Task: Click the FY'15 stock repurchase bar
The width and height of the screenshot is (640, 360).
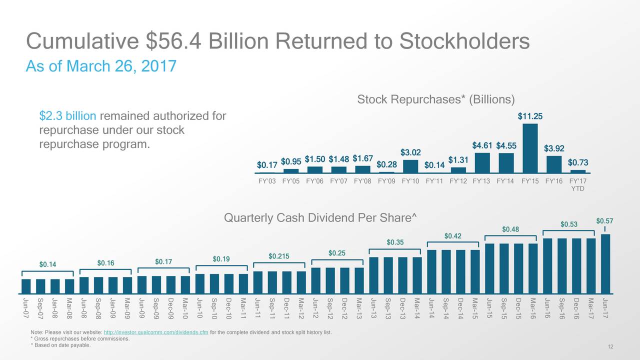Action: point(530,148)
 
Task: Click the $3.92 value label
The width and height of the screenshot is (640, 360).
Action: point(553,148)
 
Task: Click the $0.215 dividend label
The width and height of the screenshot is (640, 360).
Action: point(279,256)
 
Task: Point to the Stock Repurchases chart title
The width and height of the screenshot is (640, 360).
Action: point(435,100)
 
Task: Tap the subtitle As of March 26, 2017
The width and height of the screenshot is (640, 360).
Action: point(100,65)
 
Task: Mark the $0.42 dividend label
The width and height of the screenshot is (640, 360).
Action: point(452,236)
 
